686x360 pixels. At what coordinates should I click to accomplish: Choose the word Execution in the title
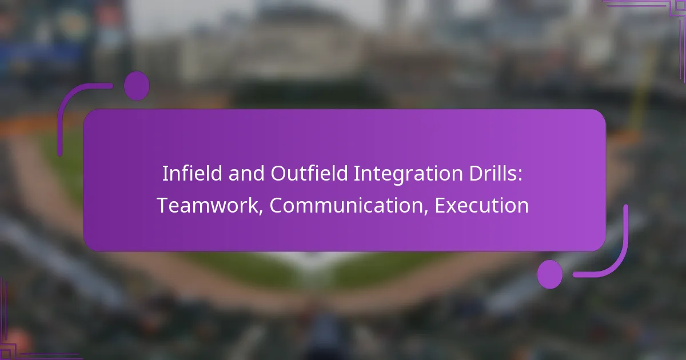pos(481,206)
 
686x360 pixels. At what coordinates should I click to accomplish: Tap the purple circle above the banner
pos(137,86)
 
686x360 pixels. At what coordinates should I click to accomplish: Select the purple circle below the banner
pos(549,274)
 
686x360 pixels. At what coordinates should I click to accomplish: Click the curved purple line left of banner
pos(69,109)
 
